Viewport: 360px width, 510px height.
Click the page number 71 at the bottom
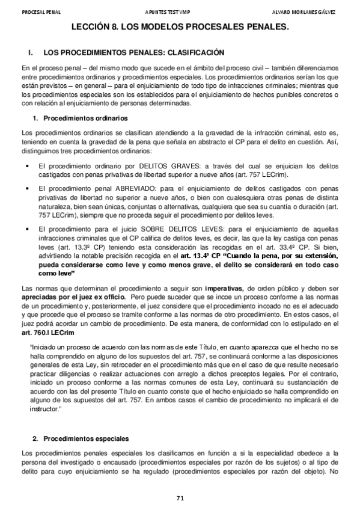click(180, 497)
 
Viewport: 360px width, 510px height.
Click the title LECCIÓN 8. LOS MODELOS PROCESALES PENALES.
click(180, 27)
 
